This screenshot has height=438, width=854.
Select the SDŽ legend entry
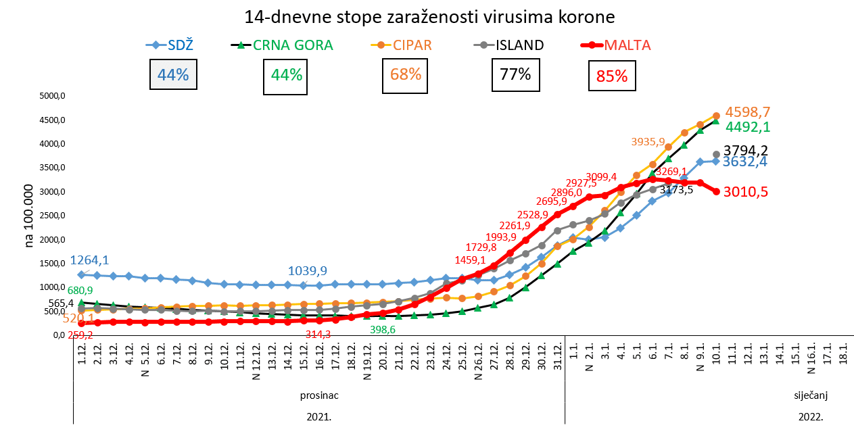[170, 45]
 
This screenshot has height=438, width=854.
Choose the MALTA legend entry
[617, 45]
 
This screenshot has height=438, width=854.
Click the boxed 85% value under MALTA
[611, 76]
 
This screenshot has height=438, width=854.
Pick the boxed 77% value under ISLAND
[515, 74]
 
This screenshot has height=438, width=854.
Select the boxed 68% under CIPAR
[406, 74]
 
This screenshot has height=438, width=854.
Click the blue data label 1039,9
[308, 271]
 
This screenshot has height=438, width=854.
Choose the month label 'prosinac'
[318, 394]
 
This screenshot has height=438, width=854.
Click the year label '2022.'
[810, 417]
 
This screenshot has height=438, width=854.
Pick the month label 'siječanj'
[810, 394]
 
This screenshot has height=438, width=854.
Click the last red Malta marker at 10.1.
[716, 191]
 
